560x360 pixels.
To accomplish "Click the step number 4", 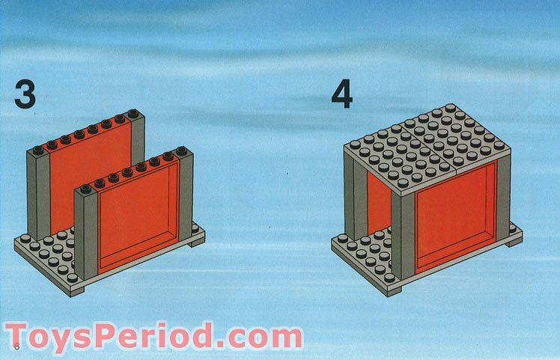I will (342, 94).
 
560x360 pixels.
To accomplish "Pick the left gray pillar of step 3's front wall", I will (85, 232).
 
